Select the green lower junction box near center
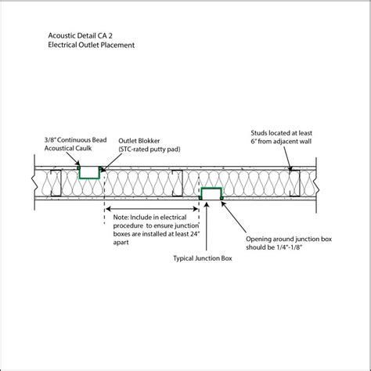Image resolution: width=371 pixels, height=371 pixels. coord(211,193)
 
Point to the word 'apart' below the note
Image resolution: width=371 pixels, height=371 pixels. coord(122,243)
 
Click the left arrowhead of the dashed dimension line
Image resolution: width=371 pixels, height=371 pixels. coord(107,208)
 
